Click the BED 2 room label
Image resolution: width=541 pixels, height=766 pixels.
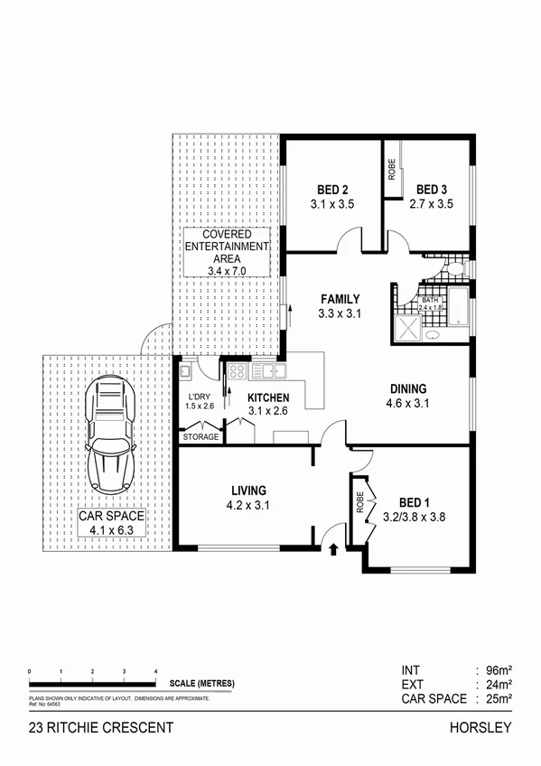pyautogui.click(x=332, y=190)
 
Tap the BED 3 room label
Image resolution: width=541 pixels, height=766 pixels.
pyautogui.click(x=433, y=190)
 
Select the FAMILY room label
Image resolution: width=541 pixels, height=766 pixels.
pyautogui.click(x=340, y=299)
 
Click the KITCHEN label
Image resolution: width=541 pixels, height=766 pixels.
pyautogui.click(x=268, y=397)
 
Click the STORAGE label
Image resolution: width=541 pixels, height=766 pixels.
pyautogui.click(x=201, y=437)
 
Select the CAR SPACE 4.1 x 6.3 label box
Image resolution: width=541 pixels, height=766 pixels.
pyautogui.click(x=111, y=525)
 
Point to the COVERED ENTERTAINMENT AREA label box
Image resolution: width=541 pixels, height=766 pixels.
pyautogui.click(x=227, y=252)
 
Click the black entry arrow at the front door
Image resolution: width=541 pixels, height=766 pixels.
pyautogui.click(x=334, y=547)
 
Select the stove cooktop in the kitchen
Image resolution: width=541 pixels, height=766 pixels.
pyautogui.click(x=238, y=370)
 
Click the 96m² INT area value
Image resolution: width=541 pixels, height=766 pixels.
pyautogui.click(x=495, y=670)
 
